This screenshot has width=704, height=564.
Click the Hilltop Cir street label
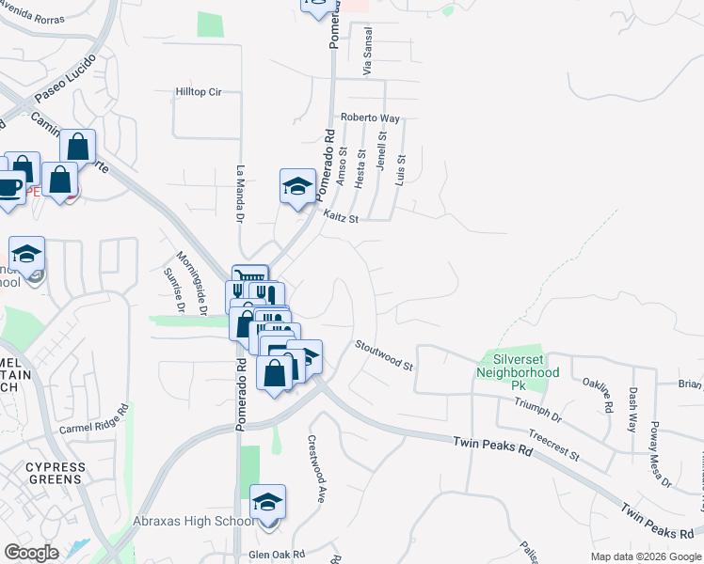[198, 92]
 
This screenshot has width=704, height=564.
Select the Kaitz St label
[342, 217]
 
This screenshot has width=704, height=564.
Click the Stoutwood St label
[384, 354]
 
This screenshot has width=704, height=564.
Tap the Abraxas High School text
[193, 522]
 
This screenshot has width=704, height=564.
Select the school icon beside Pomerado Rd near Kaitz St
[297, 187]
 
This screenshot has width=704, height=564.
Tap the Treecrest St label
[553, 445]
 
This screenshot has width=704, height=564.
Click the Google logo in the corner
[31, 553]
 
